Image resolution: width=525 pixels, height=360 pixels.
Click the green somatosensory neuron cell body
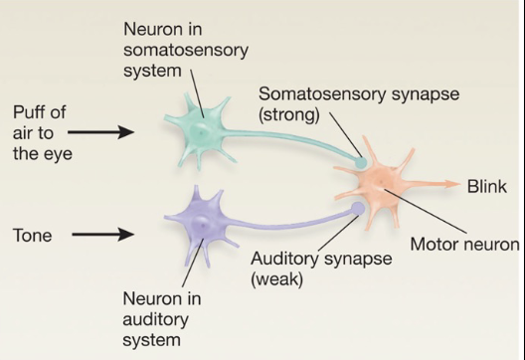tap(200, 132)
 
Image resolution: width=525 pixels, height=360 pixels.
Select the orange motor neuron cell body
tap(380, 184)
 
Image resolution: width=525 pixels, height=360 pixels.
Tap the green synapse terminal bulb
tap(361, 163)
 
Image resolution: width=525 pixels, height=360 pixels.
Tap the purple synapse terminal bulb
tap(358, 208)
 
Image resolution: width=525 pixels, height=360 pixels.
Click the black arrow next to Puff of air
tap(100, 132)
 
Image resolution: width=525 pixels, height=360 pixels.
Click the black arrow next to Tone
tap(103, 235)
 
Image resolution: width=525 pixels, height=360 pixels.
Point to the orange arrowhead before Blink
tap(453, 184)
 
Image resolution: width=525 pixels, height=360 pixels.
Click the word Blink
tap(487, 187)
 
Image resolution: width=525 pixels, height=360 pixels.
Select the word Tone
tap(33, 235)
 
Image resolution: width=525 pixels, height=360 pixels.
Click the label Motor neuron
tap(464, 244)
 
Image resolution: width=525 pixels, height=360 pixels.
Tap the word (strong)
tap(289, 115)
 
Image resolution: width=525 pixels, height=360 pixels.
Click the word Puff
tap(40, 111)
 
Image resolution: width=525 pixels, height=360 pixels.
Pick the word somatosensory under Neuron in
tap(186, 51)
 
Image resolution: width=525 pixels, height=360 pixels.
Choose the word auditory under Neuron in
tap(156, 320)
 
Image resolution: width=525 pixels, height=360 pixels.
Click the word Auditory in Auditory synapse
tap(284, 259)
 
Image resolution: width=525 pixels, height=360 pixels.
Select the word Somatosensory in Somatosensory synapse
tap(322, 93)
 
